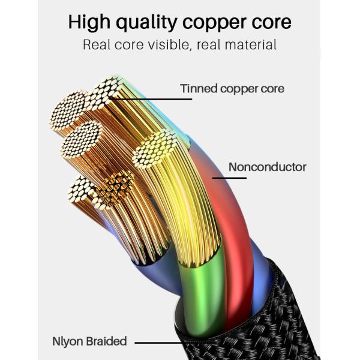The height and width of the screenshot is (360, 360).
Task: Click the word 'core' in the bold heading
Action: (x=273, y=22)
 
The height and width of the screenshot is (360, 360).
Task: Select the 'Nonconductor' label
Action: (x=267, y=167)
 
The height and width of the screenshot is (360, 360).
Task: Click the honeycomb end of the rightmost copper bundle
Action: (x=155, y=149)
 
